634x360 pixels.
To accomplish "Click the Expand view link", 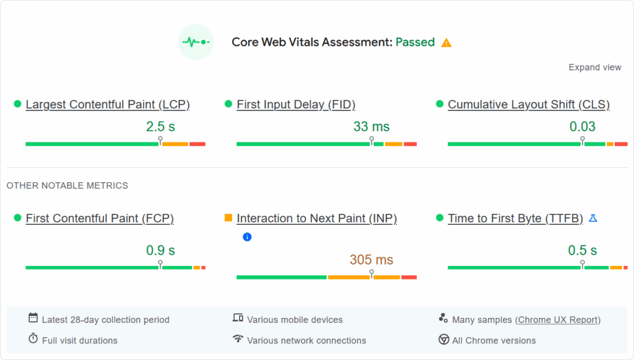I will click(x=594, y=68).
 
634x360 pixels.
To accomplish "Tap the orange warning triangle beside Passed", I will click(x=446, y=43).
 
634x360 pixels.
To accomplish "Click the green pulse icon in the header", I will click(x=196, y=42).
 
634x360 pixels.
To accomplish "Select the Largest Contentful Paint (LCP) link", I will click(x=108, y=105).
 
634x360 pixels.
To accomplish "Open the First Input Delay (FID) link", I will click(x=296, y=105).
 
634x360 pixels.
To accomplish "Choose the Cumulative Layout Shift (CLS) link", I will click(x=529, y=105).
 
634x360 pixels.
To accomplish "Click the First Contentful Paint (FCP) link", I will click(x=100, y=219).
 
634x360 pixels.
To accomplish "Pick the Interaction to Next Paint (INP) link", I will click(x=316, y=219).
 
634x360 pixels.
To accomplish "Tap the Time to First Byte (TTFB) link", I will click(x=515, y=219).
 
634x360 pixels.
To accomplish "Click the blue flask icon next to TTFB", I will click(x=593, y=218).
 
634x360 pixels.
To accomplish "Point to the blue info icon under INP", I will click(x=247, y=237).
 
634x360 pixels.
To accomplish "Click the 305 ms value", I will click(x=371, y=260).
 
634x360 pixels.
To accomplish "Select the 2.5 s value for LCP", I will click(x=160, y=127).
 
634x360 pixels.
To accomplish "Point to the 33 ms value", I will click(x=371, y=127).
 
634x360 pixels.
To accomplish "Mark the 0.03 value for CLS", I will click(x=583, y=127).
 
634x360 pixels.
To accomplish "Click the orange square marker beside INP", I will click(x=228, y=218).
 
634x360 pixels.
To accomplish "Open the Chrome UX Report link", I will click(x=558, y=320).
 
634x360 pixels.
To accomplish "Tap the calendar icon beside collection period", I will click(x=33, y=318).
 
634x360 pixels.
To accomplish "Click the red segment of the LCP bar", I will click(x=198, y=144).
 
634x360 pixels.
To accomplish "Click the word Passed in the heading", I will click(x=415, y=43).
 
